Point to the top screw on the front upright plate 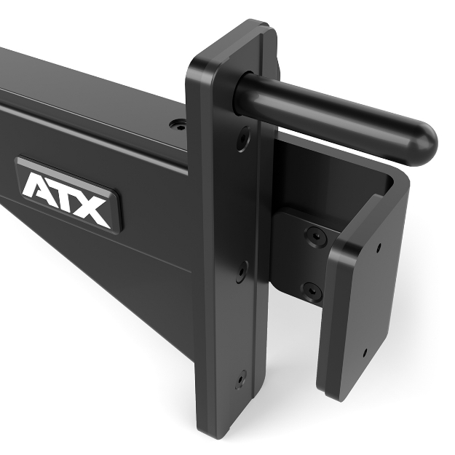(x=243, y=138)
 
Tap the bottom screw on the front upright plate (x=240, y=379)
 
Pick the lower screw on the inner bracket (x=311, y=290)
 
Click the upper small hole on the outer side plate (x=379, y=247)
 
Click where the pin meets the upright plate (x=248, y=91)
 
